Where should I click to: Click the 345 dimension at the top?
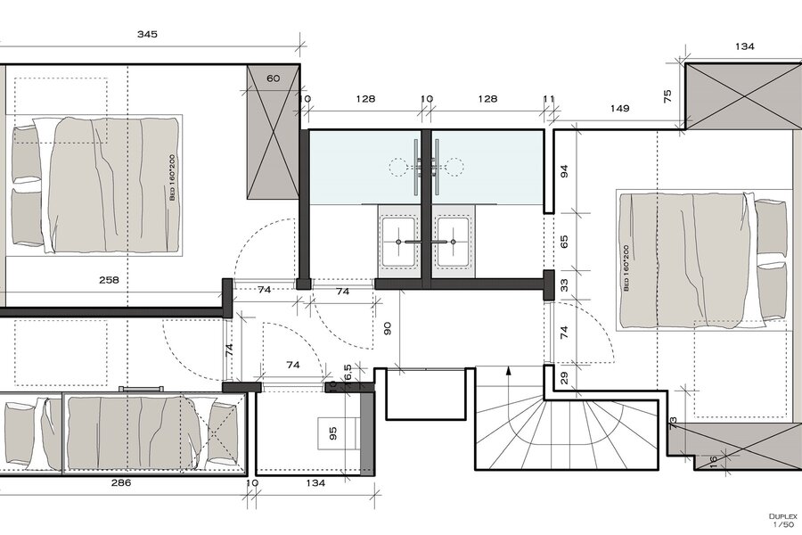click(147, 34)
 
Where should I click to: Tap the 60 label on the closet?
click(274, 78)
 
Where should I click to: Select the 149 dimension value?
click(619, 108)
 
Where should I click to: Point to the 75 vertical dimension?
click(667, 96)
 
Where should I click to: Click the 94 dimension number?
click(565, 171)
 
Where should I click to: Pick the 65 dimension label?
click(565, 241)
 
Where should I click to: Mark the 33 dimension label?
click(565, 285)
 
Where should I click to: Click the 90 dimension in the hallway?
click(388, 328)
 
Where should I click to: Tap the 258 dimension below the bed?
click(109, 280)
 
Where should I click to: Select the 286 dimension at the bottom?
click(121, 482)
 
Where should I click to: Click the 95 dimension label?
click(333, 433)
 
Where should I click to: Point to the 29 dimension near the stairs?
click(565, 378)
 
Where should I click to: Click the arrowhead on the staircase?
click(509, 371)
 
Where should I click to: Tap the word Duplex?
click(782, 516)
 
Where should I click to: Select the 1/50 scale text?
click(783, 524)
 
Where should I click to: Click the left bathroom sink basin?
click(399, 243)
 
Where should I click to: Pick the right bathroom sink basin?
click(452, 243)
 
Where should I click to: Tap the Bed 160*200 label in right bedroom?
click(626, 267)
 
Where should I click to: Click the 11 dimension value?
click(549, 99)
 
